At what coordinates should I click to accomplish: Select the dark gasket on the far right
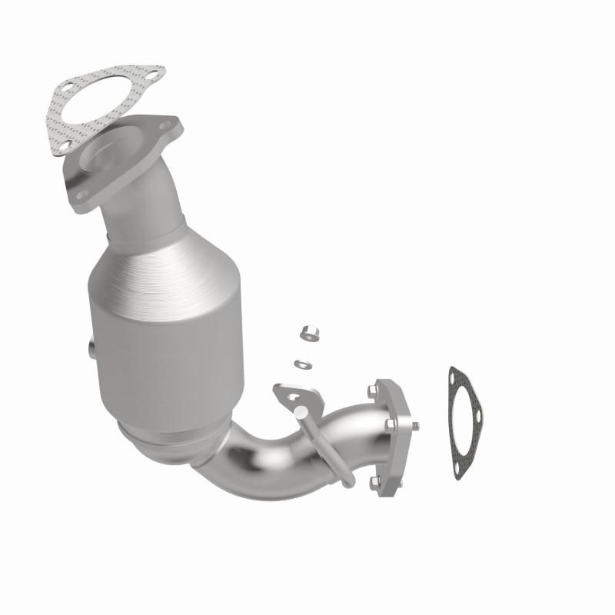(466, 424)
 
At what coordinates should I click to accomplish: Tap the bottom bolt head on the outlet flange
(374, 482)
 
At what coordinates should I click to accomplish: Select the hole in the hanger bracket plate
(292, 397)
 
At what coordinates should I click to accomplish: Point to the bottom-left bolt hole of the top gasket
(65, 143)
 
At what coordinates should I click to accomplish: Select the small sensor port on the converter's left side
(91, 349)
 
